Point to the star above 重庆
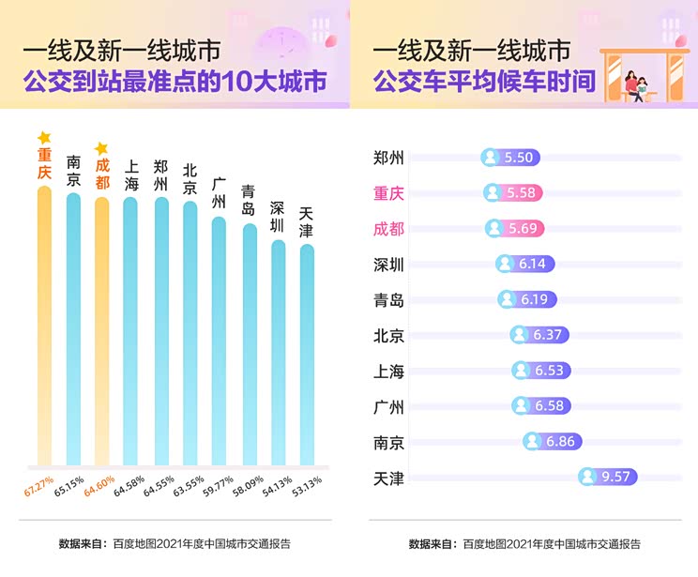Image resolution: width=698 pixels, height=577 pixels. click(x=44, y=139)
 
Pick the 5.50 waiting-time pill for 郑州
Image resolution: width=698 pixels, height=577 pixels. click(x=509, y=158)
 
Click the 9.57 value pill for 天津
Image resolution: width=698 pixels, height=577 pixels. click(x=608, y=477)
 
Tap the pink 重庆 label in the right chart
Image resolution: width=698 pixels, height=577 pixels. click(x=388, y=193)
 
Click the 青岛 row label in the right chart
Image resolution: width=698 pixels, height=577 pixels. click(x=388, y=300)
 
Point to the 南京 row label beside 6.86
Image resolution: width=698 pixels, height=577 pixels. click(x=388, y=442)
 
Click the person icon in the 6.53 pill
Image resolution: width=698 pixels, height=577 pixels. click(x=522, y=371)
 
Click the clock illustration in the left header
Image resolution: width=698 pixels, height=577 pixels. click(x=284, y=42)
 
